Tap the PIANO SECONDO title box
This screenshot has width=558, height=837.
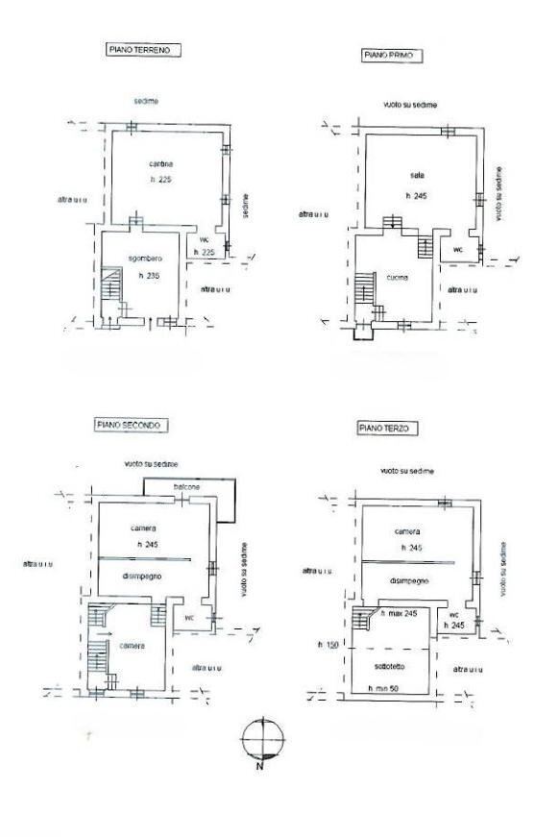(132, 424)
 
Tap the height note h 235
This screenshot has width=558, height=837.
(149, 276)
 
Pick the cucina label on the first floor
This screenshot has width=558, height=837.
(396, 278)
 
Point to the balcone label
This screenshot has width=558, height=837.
(186, 487)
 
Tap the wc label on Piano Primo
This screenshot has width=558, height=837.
(457, 250)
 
